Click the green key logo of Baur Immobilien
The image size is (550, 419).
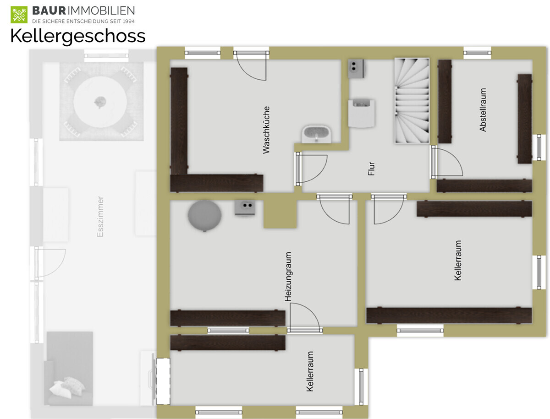coord(19,15)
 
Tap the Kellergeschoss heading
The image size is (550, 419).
coord(78,36)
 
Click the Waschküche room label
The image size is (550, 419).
coord(266,130)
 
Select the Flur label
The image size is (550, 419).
coord(371,169)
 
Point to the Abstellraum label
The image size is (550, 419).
coord(483,109)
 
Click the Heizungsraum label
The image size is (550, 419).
coord(288,276)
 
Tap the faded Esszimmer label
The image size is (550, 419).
coord(100,217)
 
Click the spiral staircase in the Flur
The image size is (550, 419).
coord(412,101)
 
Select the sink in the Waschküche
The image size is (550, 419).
coord(316,135)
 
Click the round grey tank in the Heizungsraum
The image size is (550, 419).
coord(204,216)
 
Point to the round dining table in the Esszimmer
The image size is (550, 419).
coord(100,102)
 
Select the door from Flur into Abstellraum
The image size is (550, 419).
coord(447,162)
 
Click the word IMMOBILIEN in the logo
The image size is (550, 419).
coord(101,11)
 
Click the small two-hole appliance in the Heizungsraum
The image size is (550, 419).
coord(245,207)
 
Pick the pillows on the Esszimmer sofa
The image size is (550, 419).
coord(67,387)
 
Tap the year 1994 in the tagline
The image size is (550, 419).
coord(128,22)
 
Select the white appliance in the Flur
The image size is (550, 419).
coord(361,114)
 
